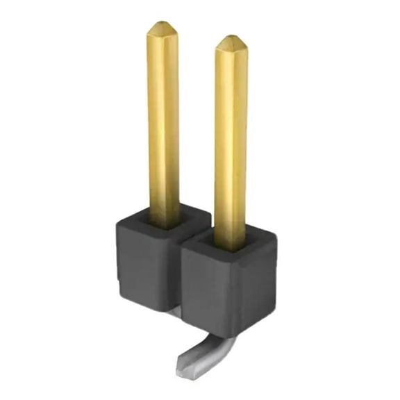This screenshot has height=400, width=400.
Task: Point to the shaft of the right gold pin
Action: [x=231, y=139]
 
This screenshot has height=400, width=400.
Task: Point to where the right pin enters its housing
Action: [x=230, y=245]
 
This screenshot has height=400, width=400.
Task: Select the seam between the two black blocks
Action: [x=179, y=278]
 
